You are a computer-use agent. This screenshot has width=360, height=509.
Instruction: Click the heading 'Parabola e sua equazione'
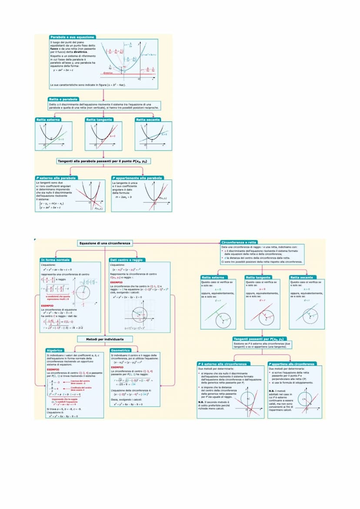pyautogui.click(x=73, y=37)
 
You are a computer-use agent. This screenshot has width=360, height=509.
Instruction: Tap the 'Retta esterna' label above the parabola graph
pyautogui.click(x=48, y=120)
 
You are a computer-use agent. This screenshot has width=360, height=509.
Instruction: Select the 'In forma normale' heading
pyautogui.click(x=55, y=260)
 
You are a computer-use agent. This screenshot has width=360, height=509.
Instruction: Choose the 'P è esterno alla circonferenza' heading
pyautogui.click(x=223, y=363)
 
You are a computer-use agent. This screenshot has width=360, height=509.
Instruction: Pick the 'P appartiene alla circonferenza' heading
pyautogui.click(x=293, y=363)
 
